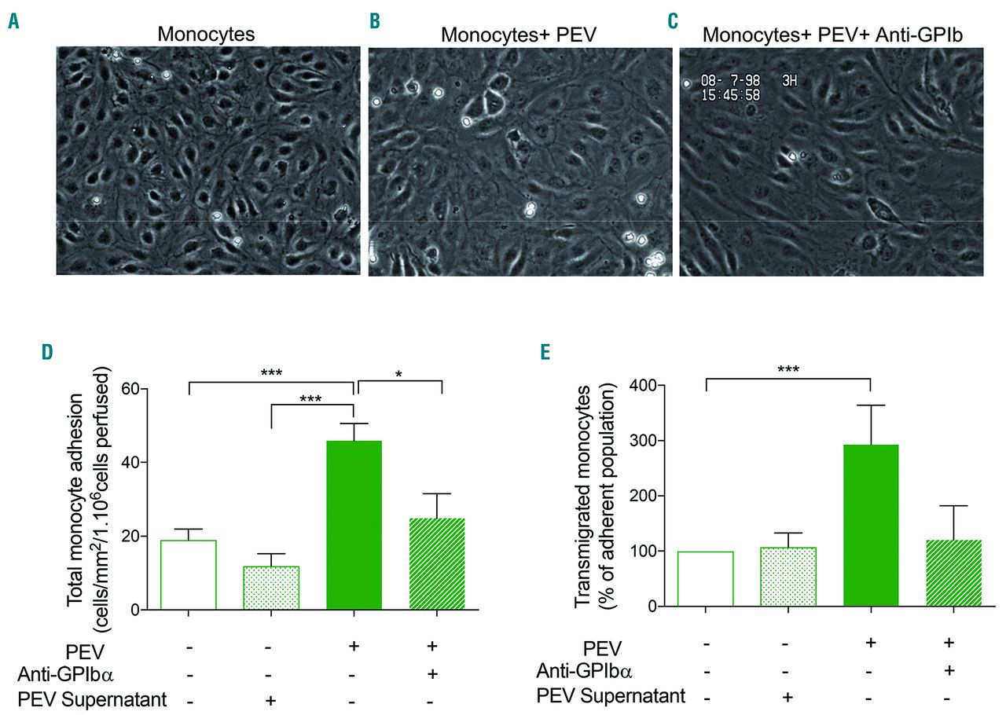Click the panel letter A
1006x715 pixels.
13,20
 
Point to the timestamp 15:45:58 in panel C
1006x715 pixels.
730,96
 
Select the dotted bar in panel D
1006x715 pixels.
270,588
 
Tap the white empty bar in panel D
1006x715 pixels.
188,574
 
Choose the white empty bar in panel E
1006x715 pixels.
706,578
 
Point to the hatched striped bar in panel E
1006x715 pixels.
953,573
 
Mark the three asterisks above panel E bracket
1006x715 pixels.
788,368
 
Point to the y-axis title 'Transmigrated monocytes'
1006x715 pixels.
585,497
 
